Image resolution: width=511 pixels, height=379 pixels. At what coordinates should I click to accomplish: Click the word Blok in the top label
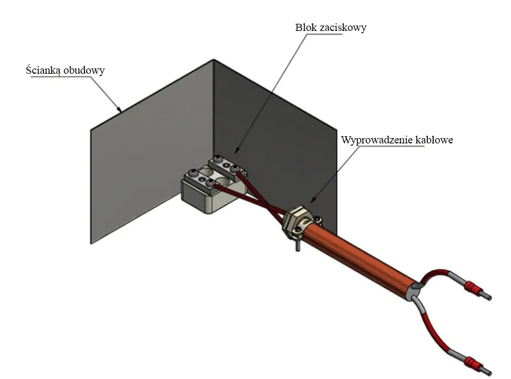(305, 27)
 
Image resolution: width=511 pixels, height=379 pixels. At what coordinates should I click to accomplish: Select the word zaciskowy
(343, 28)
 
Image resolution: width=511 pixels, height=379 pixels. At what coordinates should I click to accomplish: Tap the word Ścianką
(43, 70)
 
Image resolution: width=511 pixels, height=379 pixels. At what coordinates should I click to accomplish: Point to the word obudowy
(84, 71)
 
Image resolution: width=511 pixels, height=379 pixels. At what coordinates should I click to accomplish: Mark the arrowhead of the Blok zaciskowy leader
(236, 151)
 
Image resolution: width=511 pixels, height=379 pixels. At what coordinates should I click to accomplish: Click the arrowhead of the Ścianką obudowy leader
(119, 109)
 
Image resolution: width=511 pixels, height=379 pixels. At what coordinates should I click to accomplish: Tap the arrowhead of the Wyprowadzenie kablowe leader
(312, 200)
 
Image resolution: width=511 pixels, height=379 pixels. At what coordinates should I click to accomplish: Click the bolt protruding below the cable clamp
(298, 245)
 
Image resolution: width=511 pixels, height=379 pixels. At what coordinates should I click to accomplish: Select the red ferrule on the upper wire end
(472, 288)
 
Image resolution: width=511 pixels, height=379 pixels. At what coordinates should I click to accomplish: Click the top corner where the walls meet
(214, 59)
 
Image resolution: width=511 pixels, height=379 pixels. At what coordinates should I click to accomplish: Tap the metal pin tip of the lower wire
(489, 372)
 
